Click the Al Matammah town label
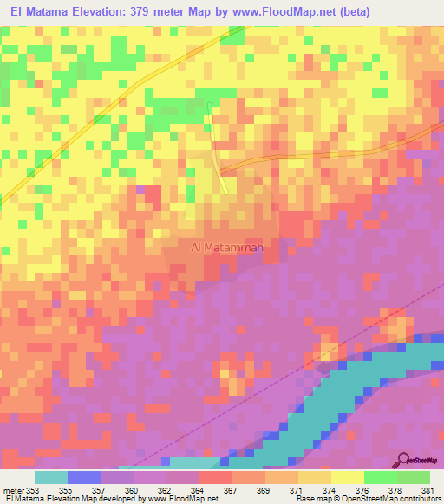tap(226, 247)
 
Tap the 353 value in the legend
tap(34, 491)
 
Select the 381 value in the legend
tap(426, 491)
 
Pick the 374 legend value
tap(327, 491)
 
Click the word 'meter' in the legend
tap(13, 491)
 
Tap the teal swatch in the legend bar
tap(51, 477)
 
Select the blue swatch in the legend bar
tap(84, 477)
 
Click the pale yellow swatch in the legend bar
tap(348, 477)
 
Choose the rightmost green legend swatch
tap(414, 477)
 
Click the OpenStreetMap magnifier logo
tap(402, 461)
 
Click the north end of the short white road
tap(210, 105)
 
